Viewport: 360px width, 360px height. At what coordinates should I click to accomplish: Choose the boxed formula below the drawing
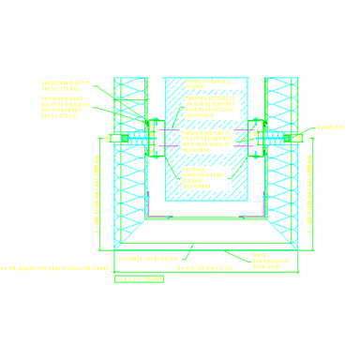139,278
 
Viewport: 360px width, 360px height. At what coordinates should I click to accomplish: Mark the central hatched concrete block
206,141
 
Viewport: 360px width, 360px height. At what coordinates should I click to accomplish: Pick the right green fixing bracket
254,137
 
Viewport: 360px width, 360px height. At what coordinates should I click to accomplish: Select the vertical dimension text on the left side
97,192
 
